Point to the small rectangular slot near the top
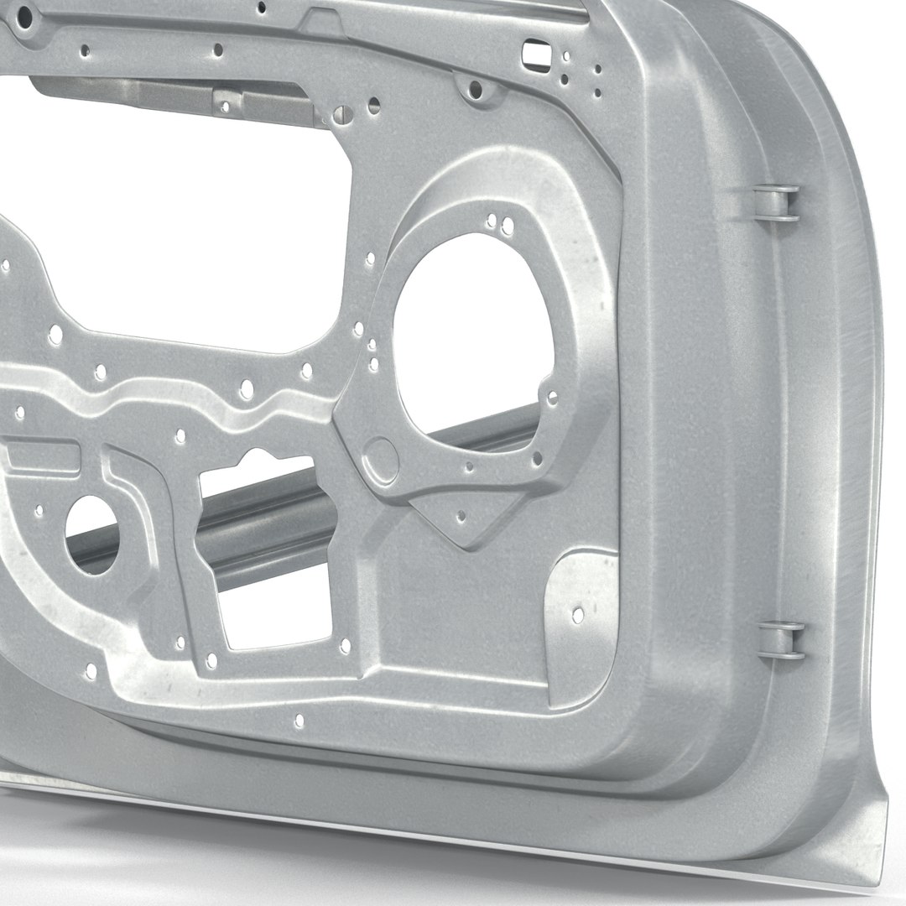[x=533, y=54]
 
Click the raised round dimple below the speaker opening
[x=383, y=458]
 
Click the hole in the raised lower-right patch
[x=578, y=615]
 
